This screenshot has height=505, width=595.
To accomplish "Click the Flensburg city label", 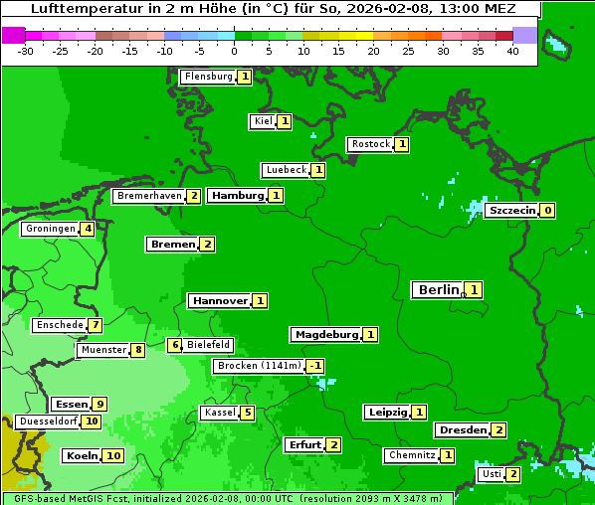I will coord(208,77).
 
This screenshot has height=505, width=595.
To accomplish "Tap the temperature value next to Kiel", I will coord(284,121).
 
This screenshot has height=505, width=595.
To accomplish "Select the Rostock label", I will coord(370,144).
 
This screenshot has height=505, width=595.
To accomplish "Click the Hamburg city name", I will coord(238,196).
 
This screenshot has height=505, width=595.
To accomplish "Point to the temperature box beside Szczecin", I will coord(547,211).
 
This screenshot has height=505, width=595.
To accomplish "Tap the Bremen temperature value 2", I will coord(207,245).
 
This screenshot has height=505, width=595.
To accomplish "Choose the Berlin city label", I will coord(439,290).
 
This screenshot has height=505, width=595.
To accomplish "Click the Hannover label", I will coord(220,300).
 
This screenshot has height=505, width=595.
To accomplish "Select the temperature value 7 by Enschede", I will coord(95,325).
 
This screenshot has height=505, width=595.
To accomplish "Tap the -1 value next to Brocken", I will coord(314,366).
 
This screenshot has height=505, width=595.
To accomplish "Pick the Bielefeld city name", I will coord(209,345).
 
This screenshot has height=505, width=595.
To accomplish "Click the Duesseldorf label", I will coord(48,421).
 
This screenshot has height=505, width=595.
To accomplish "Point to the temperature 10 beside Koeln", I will coord(112,456).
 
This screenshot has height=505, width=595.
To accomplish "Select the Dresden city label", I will coord(462,430).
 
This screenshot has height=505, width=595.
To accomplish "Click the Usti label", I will coord(492,474).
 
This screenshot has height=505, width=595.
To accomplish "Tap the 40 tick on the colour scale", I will coord(512,51).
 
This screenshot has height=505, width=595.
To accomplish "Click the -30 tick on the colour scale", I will coord(26,51).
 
